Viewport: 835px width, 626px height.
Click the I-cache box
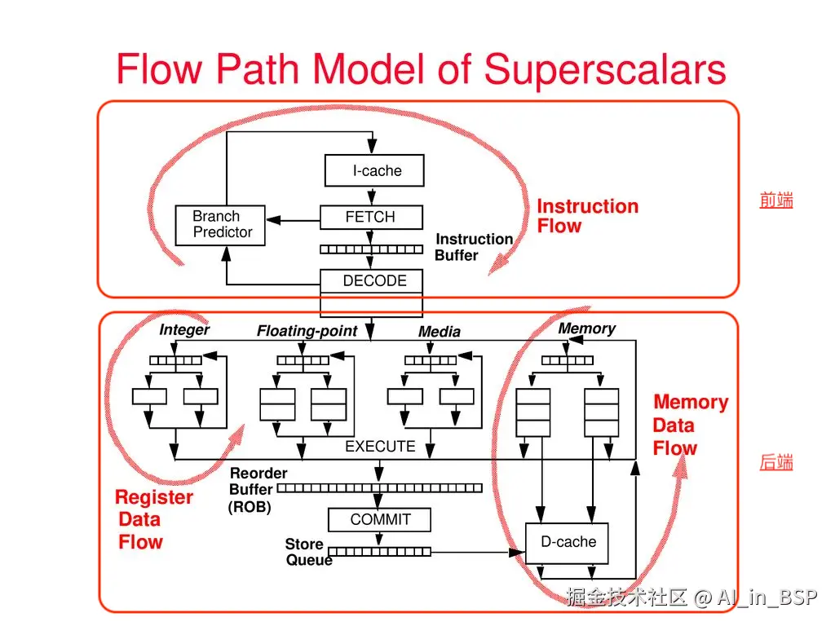(374, 171)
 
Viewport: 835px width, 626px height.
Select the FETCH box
(371, 218)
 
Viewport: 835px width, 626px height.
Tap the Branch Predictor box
(220, 225)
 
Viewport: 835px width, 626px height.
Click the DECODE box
(371, 281)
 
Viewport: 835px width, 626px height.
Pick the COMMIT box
(379, 520)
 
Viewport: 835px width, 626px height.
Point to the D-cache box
(568, 543)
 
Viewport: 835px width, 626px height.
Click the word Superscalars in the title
(604, 68)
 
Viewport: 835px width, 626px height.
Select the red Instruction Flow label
(586, 217)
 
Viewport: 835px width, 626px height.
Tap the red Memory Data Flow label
(689, 425)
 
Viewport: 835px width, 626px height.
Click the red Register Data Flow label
(152, 520)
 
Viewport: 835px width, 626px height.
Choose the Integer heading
(184, 330)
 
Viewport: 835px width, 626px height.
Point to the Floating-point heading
(307, 331)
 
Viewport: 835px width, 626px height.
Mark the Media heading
(439, 332)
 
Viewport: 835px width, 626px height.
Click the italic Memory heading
(586, 328)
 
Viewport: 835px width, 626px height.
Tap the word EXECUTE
(380, 447)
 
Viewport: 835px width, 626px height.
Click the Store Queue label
(307, 553)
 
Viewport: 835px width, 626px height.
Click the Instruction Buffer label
(472, 247)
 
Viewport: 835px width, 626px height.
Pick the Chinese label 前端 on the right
(775, 201)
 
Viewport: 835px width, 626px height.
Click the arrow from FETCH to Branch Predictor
(294, 219)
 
